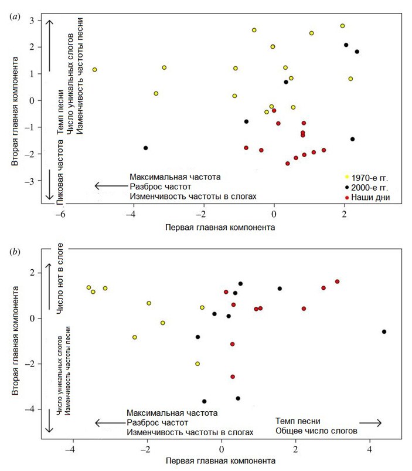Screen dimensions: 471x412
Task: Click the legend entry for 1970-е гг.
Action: [371, 176]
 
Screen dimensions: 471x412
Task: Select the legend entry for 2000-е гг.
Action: [371, 187]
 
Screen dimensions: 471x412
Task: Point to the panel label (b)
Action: [15, 253]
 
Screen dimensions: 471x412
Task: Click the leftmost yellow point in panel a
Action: [94, 70]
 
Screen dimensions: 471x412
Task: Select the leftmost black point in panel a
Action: [145, 148]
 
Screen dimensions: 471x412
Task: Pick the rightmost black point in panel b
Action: [384, 332]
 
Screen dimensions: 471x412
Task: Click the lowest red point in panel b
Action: [233, 377]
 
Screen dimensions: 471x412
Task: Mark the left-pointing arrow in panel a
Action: [109, 187]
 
